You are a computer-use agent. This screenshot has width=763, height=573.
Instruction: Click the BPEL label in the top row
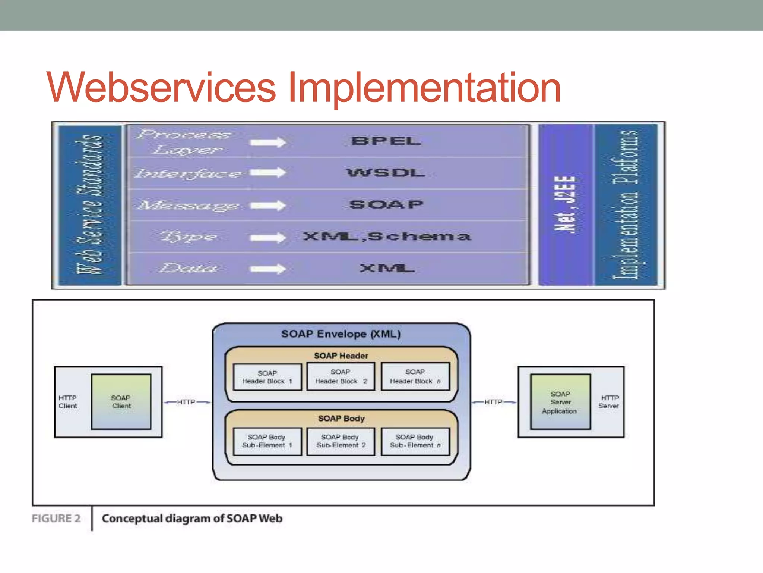point(386,141)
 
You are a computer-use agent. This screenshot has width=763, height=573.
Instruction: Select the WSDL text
point(386,173)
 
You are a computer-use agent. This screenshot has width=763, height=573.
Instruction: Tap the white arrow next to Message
point(268,205)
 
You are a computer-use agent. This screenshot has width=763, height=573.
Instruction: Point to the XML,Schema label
point(387,237)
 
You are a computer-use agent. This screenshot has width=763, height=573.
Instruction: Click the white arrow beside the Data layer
point(268,269)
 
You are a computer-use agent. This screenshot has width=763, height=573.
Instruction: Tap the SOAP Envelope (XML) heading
point(341,334)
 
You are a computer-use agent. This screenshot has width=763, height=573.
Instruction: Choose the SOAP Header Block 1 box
point(267,377)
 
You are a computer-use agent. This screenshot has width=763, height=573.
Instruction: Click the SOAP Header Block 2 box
point(341,376)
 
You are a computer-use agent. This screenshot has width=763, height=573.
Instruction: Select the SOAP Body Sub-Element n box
point(415,441)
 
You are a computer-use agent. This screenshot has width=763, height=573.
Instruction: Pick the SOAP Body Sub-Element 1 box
point(267,441)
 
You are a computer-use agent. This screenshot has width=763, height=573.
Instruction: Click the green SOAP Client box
point(121,402)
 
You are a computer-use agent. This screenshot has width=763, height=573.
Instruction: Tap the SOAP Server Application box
point(560,402)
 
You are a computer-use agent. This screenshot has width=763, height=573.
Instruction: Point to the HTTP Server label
point(609,402)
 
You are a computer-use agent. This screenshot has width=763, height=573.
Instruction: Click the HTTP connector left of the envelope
point(186,402)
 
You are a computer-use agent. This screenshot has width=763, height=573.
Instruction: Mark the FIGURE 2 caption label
point(56,519)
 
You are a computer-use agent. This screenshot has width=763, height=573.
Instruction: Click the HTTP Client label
point(68,402)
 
